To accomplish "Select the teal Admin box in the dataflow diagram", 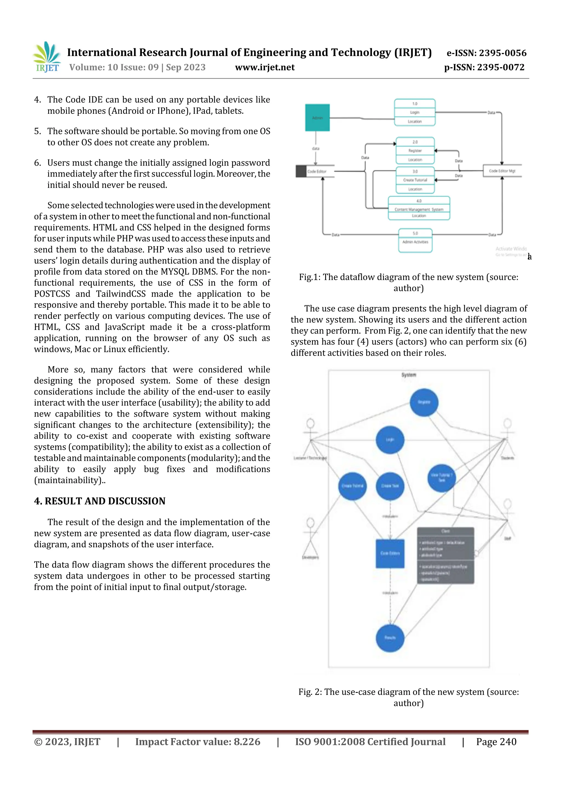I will tap(317, 118).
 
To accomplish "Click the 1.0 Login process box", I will tap(414, 112).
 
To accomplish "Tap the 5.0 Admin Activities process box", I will tap(415, 240).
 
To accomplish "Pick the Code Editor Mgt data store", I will tap(502, 171).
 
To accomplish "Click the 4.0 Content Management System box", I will tap(419, 208).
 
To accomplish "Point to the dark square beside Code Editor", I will tap(301, 171).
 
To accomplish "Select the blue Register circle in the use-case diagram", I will tap(424, 402).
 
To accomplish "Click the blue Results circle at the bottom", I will tap(390, 638).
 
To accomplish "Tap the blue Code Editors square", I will tap(390, 553).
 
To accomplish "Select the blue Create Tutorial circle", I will tap(352, 486).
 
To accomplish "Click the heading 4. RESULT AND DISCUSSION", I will tap(99, 501).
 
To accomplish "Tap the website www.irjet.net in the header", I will tap(265, 67).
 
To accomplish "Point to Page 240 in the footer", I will tap(496, 741).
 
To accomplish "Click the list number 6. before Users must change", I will tap(37, 163).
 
